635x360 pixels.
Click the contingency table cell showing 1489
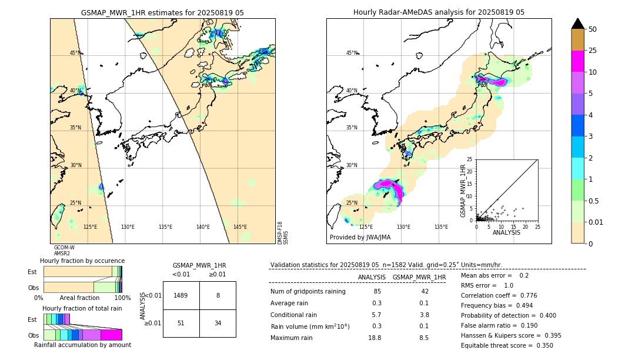coord(181,295)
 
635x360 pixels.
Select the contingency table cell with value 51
coord(181,323)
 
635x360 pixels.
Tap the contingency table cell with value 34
coord(218,323)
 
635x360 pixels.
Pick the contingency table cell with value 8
coord(218,295)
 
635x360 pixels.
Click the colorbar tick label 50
coord(593,29)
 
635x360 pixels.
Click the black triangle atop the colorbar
coord(578,24)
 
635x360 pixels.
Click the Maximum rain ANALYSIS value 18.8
coord(375,338)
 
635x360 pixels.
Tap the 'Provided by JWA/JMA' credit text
coord(360,237)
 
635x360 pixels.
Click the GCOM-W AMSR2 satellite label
coord(64,251)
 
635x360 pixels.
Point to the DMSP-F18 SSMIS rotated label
coord(283,233)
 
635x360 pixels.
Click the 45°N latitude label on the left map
coord(75,53)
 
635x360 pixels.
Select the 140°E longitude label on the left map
coord(203,227)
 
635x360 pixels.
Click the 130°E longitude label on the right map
coord(403,227)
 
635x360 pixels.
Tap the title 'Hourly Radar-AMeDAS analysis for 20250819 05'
coord(439,12)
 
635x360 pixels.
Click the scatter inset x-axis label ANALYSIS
coord(506,232)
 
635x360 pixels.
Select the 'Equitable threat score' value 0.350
coord(542,345)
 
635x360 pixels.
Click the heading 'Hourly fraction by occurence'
coord(82,261)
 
